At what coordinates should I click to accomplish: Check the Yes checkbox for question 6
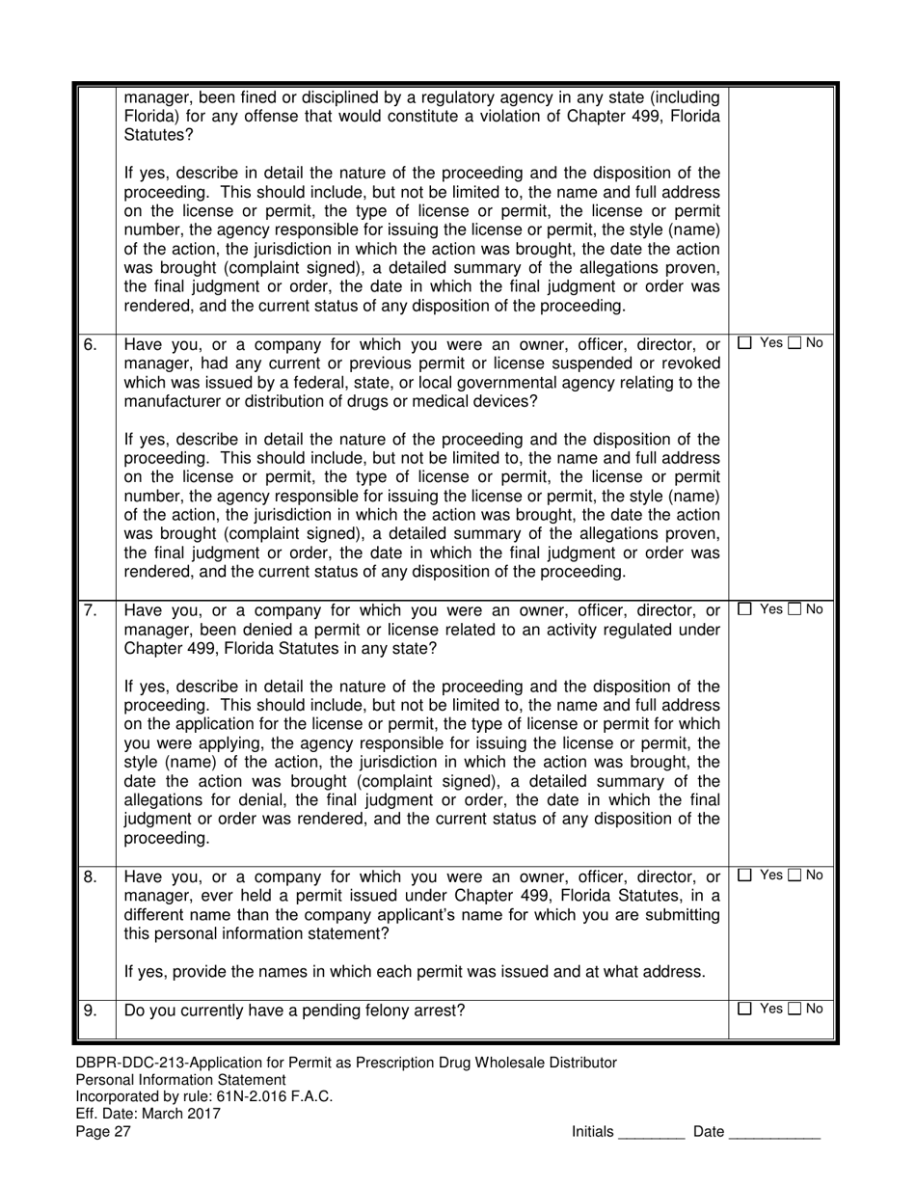click(x=745, y=342)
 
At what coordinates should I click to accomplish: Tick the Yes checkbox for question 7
click(x=745, y=608)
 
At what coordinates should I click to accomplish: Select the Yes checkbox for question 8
click(x=745, y=876)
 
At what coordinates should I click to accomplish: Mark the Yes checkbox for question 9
click(x=745, y=1009)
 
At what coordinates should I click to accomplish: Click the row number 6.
click(x=90, y=344)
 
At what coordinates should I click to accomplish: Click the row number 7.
click(x=90, y=610)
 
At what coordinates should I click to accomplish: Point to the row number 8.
click(x=90, y=877)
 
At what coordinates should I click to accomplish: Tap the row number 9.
click(x=90, y=1011)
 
